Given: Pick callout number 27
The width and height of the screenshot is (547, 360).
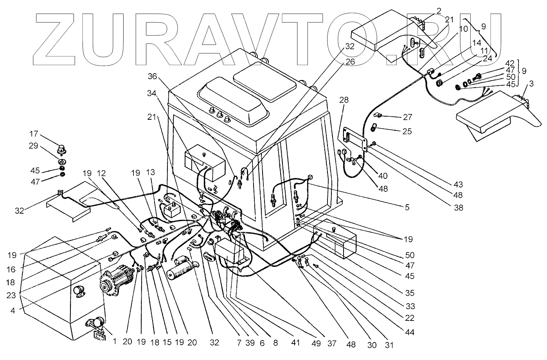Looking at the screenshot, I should click(x=407, y=117).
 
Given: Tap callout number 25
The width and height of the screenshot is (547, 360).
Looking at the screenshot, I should click(x=407, y=131).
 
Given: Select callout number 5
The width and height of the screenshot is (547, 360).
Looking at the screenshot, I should click(x=407, y=208).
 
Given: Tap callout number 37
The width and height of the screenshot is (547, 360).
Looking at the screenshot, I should click(x=332, y=344).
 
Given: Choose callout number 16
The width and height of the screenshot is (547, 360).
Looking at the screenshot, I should click(x=12, y=270).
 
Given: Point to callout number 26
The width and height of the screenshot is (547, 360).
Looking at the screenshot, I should click(x=349, y=61).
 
